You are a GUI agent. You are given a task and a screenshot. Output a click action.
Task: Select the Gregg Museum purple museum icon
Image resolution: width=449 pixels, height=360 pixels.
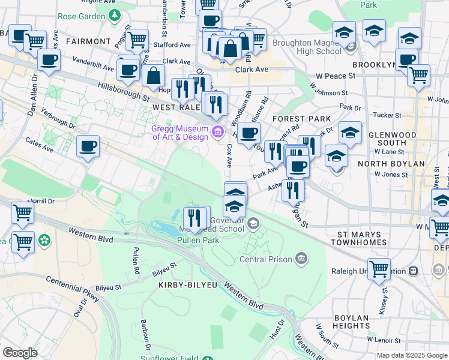217,132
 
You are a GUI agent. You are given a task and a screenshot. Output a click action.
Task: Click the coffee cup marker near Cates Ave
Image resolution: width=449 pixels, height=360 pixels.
88,146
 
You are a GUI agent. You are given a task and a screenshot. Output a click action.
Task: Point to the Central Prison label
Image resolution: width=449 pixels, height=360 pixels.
265,259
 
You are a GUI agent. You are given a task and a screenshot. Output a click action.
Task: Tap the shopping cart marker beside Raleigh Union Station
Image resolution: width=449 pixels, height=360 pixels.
379,269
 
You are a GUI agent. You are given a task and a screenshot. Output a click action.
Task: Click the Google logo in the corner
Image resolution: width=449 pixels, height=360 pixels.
20,352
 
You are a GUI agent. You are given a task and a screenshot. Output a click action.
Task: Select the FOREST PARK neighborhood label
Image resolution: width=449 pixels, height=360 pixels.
301,119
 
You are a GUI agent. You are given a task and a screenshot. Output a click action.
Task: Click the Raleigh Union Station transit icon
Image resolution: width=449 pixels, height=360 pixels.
413,271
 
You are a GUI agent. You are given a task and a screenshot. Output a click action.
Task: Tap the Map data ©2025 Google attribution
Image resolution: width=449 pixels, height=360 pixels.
412,355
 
